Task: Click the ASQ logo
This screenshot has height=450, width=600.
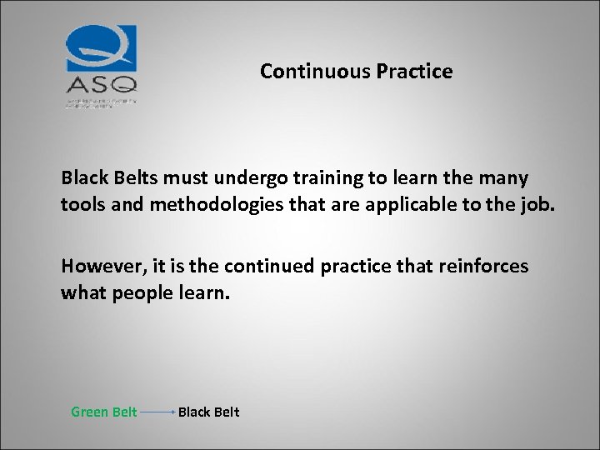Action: [101, 63]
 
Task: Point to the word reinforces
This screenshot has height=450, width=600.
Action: [482, 266]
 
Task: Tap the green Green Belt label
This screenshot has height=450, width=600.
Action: [103, 412]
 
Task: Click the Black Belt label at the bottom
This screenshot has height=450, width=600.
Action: [208, 412]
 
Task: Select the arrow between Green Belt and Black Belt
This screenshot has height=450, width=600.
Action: [157, 412]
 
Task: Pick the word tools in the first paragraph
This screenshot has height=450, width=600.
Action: [81, 205]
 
